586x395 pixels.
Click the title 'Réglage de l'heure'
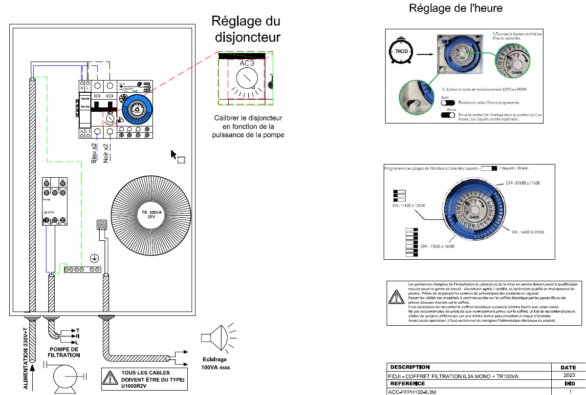456,8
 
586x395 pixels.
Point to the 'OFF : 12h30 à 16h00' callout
437,247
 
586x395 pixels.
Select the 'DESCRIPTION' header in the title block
410,367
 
